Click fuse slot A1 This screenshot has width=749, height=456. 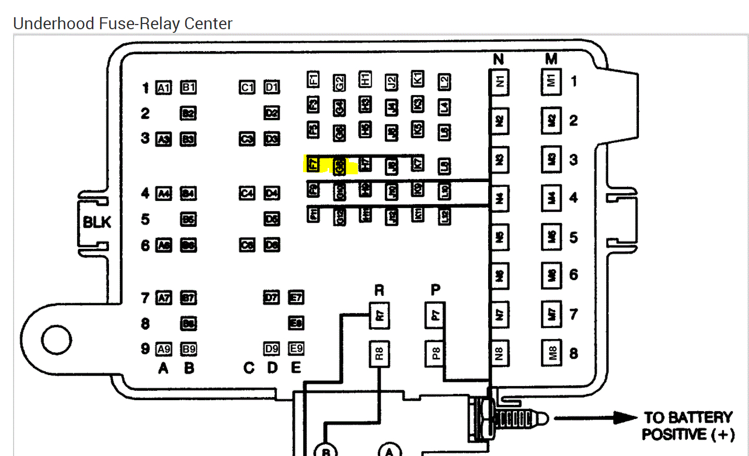(164, 88)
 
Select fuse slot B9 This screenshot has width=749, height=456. (188, 349)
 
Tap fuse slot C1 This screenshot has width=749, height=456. (247, 87)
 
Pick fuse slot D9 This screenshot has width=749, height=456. (271, 349)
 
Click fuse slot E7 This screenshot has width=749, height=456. (296, 297)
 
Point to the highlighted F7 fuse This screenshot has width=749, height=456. (313, 164)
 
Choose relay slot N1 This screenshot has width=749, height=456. (500, 82)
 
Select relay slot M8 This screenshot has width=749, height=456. (552, 353)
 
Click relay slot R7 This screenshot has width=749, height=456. (379, 315)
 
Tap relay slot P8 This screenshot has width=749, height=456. (435, 353)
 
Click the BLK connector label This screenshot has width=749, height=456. (97, 222)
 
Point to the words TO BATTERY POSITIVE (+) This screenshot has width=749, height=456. (688, 426)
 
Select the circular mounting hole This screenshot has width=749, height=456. (56, 340)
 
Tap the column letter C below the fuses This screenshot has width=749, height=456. (249, 368)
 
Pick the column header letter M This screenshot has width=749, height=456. (551, 59)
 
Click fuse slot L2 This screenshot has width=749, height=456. (444, 82)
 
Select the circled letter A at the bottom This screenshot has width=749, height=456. (389, 451)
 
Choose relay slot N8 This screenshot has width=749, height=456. (500, 353)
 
